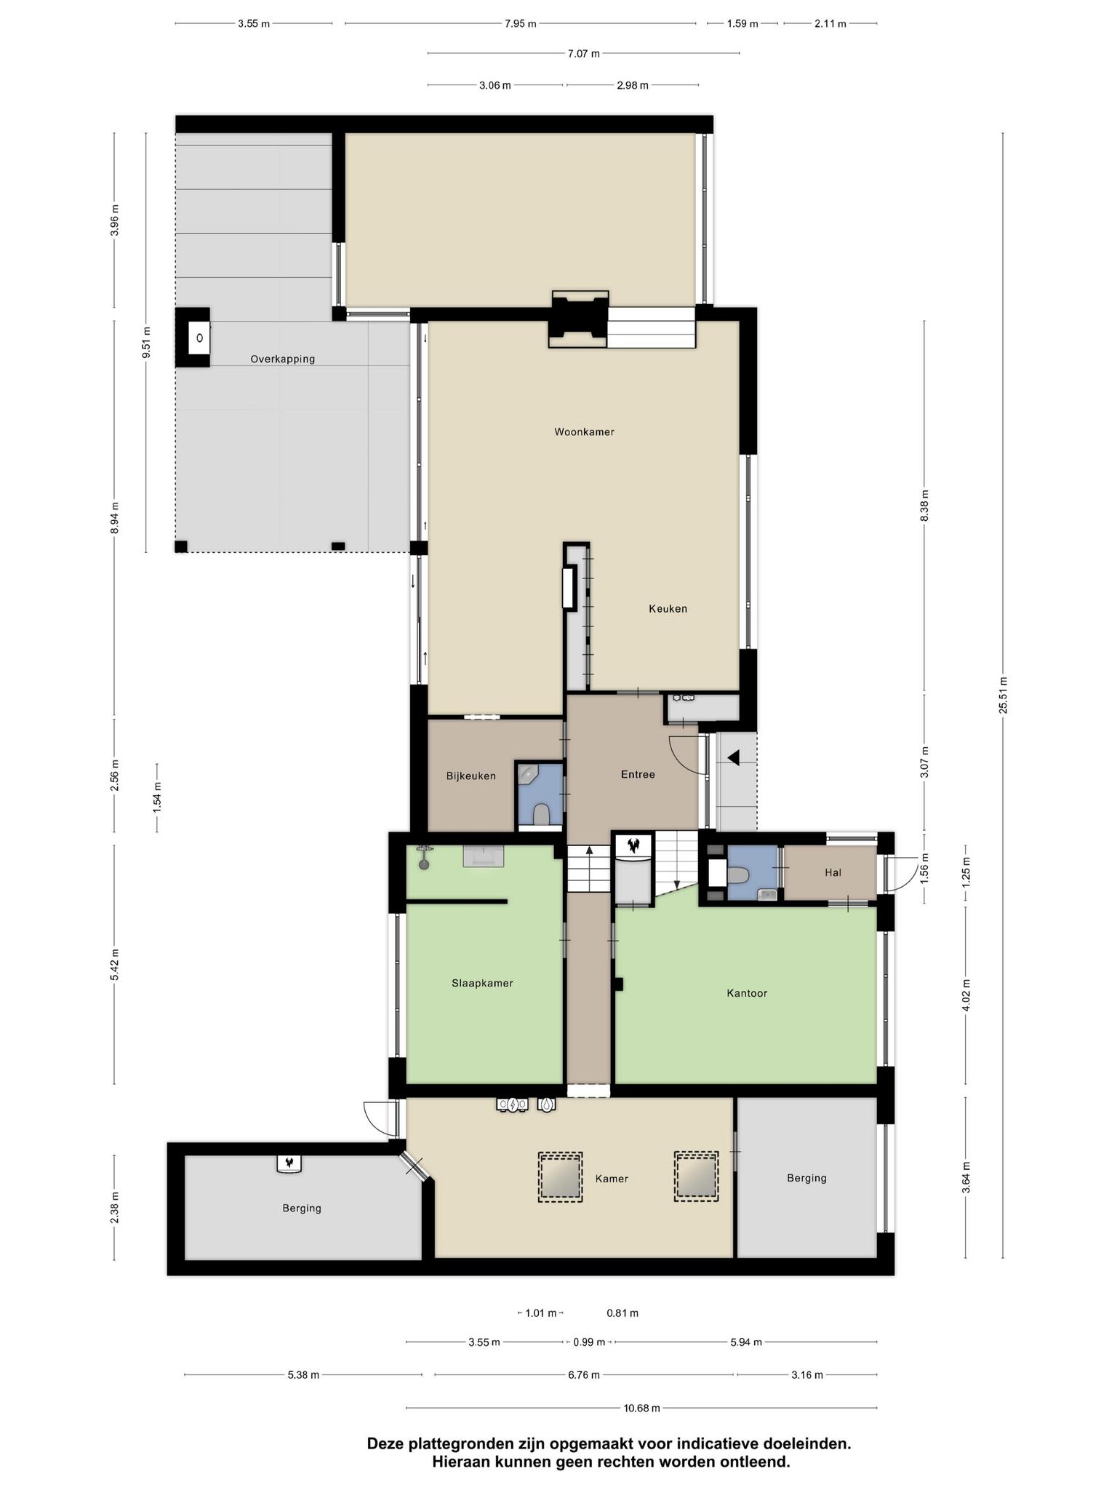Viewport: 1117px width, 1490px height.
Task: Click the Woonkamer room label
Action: point(584,432)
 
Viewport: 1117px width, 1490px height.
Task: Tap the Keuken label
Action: point(668,609)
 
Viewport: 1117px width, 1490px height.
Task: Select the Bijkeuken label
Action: point(471,776)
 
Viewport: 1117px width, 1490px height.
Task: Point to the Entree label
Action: point(638,775)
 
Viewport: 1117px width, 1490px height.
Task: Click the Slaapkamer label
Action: point(482,984)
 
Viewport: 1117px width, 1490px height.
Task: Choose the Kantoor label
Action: point(747,993)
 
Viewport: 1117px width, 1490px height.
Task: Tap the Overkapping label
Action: point(283,359)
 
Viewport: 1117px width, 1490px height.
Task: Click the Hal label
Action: point(833,872)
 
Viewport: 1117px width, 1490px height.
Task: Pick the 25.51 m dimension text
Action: point(1003,695)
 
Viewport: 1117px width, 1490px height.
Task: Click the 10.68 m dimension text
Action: point(641,1408)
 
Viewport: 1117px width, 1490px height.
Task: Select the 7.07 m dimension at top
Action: point(583,54)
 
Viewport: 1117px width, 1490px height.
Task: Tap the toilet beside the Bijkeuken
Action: point(540,815)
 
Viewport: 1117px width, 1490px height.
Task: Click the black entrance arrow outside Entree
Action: point(734,758)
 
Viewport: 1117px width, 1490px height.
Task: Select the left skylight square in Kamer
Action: point(560,1177)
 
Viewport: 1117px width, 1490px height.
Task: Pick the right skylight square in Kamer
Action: point(696,1176)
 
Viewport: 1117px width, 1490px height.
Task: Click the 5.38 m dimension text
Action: point(303,1375)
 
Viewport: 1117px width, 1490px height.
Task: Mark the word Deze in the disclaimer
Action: point(386,1443)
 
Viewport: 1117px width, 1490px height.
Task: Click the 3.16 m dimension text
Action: point(807,1375)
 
